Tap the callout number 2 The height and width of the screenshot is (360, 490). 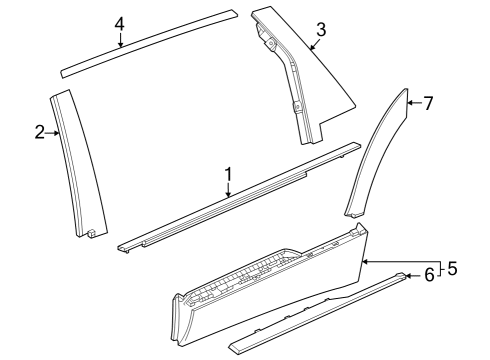click(40, 132)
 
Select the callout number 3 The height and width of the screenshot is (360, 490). click(320, 30)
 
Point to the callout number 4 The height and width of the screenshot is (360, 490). click(120, 23)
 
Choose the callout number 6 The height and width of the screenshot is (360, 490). click(429, 274)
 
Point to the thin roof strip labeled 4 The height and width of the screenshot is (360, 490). click(150, 43)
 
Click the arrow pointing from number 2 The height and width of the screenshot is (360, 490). click(54, 132)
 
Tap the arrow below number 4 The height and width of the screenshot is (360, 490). click(120, 41)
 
